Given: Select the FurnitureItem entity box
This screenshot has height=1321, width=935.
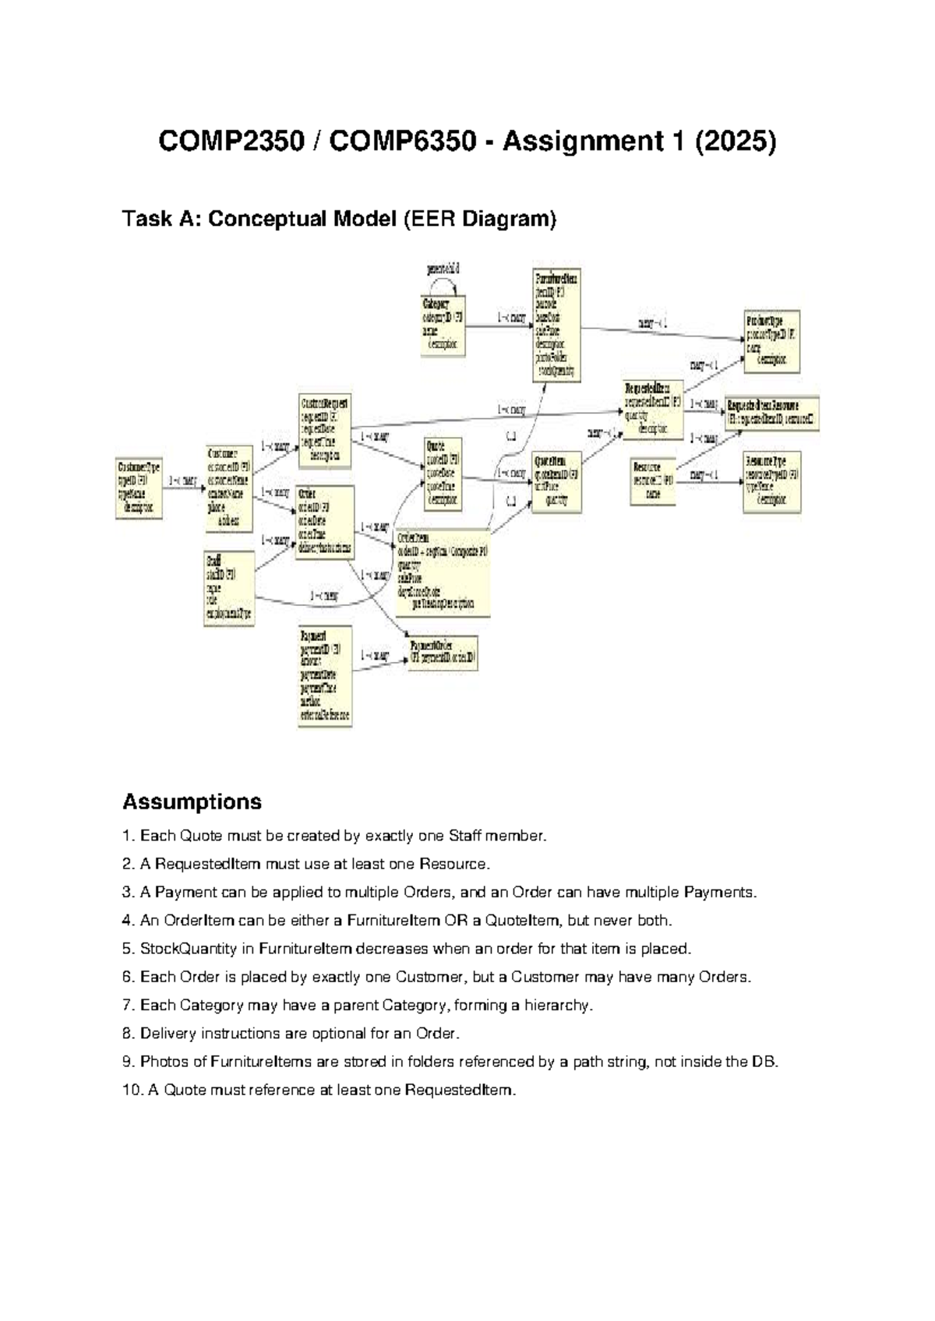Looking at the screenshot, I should pos(556,325).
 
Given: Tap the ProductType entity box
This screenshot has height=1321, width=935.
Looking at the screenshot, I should pos(772,341).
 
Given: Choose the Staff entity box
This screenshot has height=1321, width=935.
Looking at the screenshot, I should pos(229,588).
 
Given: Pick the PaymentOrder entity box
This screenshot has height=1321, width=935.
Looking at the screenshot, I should pos(443,653).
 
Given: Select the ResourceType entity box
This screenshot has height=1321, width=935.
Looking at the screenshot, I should pos(771,481).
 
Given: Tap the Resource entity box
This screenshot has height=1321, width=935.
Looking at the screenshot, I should pos(652,481).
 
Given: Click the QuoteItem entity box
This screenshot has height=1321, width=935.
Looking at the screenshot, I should pos(556,481).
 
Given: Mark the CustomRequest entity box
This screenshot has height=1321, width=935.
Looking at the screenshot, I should pos(325,431).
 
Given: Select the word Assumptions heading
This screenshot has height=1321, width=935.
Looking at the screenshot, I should pos(192,801).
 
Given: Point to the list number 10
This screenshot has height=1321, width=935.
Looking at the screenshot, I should pos(131,1090).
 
